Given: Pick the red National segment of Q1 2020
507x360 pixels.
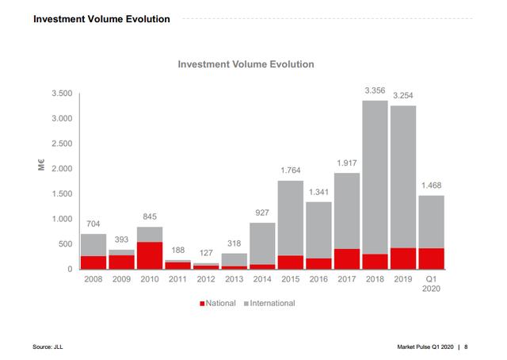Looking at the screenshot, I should pyautogui.click(x=431, y=259).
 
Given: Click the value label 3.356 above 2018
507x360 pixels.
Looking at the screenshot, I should pyautogui.click(x=375, y=91).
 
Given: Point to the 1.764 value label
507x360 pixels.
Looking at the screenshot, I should pyautogui.click(x=291, y=171).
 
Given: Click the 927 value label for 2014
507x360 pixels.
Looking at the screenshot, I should pyautogui.click(x=262, y=213).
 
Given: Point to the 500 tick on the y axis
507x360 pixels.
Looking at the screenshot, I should pyautogui.click(x=65, y=244).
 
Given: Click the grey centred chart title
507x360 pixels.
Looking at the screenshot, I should pyautogui.click(x=246, y=64).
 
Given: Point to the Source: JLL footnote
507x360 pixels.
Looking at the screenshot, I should pyautogui.click(x=48, y=347).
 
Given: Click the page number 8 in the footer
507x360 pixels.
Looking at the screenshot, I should pyautogui.click(x=466, y=347).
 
